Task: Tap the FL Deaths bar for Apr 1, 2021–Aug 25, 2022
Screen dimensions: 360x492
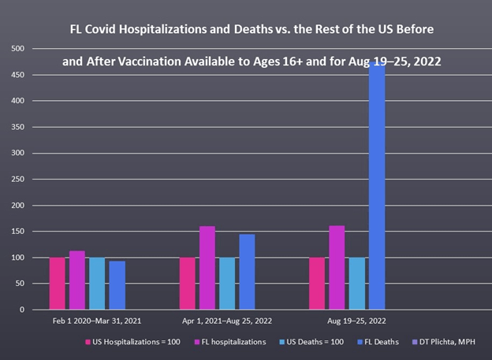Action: (x=247, y=272)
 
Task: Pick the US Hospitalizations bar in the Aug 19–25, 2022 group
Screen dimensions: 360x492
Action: (x=317, y=284)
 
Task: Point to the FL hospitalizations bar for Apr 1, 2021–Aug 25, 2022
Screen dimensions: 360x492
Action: (x=207, y=268)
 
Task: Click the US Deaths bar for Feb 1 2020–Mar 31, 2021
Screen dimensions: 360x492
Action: (x=97, y=284)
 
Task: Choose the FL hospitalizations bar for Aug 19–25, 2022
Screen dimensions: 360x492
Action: (x=337, y=268)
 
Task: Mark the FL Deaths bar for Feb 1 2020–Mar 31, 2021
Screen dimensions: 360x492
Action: (x=117, y=285)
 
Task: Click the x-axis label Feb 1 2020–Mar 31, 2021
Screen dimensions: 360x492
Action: (x=88, y=321)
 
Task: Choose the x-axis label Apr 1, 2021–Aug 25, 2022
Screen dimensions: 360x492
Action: (x=218, y=321)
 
